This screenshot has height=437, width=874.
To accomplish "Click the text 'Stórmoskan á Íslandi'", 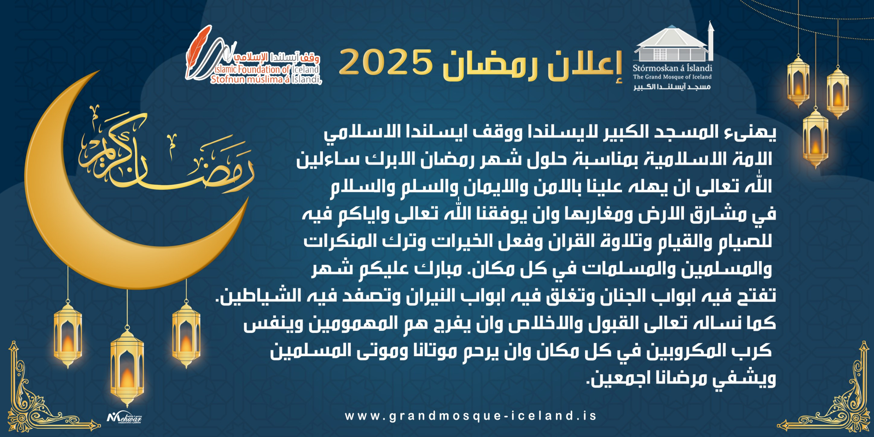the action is click(x=672, y=68).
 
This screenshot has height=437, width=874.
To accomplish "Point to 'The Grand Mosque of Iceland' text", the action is click(x=672, y=77).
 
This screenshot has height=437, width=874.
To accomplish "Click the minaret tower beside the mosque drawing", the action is click(x=710, y=41).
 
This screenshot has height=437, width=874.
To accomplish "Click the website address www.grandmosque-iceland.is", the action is click(x=471, y=416).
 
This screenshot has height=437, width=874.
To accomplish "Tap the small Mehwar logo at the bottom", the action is click(x=124, y=417).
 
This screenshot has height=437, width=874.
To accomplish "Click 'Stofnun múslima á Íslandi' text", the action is click(x=266, y=80).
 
